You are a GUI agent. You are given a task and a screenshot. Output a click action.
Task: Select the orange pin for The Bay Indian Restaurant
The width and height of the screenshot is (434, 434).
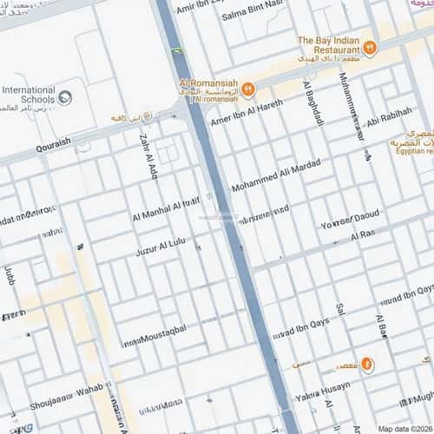(x=370, y=48)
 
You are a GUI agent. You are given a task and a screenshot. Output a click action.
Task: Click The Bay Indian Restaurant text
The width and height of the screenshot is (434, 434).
(x=329, y=45)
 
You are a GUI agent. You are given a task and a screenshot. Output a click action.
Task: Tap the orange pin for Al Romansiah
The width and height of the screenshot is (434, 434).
(x=248, y=89)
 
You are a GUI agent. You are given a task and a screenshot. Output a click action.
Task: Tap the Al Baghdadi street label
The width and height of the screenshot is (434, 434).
(x=309, y=102)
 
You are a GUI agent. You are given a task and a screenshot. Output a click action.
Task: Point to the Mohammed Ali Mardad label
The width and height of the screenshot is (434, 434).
(x=276, y=176)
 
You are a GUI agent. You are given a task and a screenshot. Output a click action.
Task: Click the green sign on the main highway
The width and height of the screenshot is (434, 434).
(x=178, y=51)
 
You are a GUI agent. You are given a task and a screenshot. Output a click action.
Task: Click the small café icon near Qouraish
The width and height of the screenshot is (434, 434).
(x=146, y=116)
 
